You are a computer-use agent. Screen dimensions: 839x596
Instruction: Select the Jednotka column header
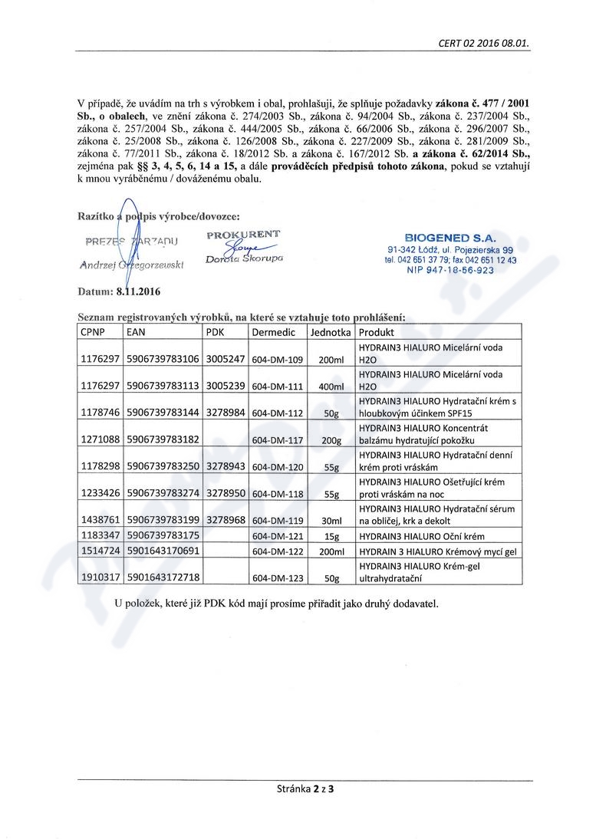tap(331, 333)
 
